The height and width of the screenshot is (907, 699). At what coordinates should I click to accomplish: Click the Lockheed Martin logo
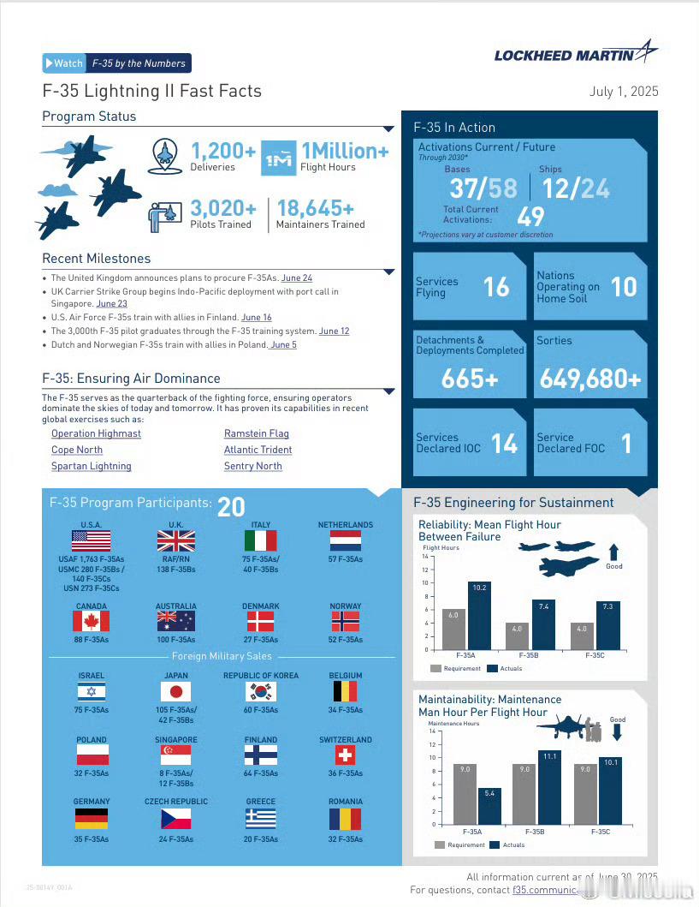(x=576, y=53)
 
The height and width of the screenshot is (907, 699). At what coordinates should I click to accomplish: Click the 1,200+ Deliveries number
(x=222, y=152)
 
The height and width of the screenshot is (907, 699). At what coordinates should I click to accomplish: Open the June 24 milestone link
(x=296, y=278)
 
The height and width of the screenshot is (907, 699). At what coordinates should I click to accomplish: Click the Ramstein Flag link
(x=256, y=433)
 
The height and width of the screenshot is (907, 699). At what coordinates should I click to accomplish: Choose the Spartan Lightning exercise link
(x=92, y=466)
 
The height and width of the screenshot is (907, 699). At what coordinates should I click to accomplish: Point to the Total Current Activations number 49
(x=530, y=214)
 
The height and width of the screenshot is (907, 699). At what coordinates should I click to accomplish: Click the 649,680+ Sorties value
(x=589, y=379)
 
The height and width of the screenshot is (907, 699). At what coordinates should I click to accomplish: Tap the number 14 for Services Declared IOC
(x=505, y=443)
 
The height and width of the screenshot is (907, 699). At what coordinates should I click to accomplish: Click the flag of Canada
(x=91, y=621)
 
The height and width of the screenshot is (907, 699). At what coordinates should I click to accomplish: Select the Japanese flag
(x=176, y=691)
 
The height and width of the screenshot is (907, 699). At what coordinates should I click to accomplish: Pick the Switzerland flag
(x=345, y=755)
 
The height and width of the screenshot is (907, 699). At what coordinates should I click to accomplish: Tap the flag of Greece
(x=261, y=819)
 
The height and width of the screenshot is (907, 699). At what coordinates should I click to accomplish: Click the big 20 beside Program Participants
(x=231, y=507)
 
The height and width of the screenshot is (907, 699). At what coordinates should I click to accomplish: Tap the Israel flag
(x=91, y=691)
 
